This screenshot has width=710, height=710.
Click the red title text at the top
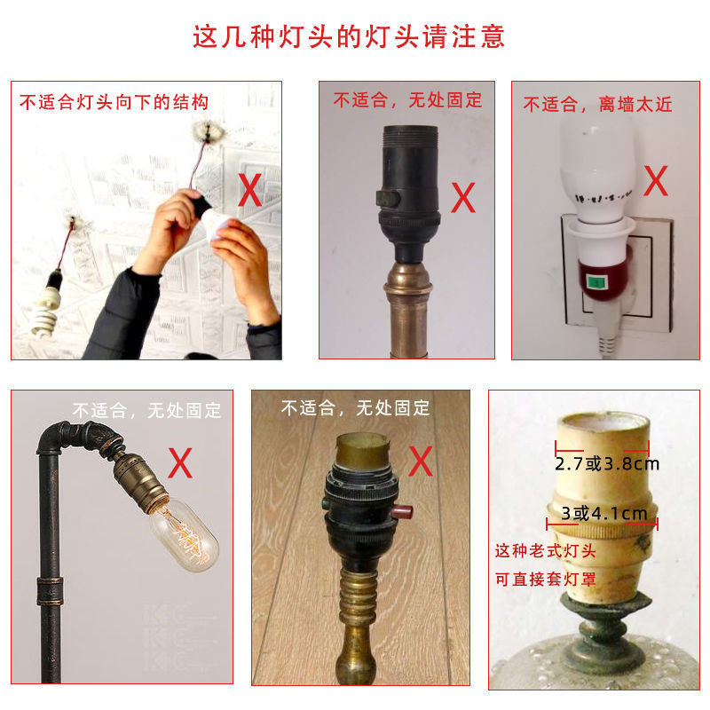click(x=349, y=36)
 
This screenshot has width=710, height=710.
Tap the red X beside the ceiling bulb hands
click(x=250, y=190)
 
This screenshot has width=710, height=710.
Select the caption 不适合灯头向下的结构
click(x=114, y=102)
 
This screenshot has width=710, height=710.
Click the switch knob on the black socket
click(x=388, y=198)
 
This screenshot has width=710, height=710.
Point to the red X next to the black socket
click(x=463, y=197)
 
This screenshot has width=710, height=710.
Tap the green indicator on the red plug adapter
click(x=596, y=282)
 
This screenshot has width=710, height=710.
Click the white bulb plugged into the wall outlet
click(x=596, y=168)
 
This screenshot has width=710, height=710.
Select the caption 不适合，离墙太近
click(x=597, y=105)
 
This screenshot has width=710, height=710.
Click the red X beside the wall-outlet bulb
click(x=656, y=180)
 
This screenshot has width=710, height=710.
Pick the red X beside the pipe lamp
click(x=180, y=462)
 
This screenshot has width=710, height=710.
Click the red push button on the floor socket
click(x=401, y=513)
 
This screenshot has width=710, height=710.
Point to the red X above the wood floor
click(x=421, y=461)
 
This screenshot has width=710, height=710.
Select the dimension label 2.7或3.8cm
click(x=607, y=464)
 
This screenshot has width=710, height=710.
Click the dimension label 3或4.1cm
click(x=604, y=514)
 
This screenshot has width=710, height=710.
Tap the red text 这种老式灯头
click(x=546, y=551)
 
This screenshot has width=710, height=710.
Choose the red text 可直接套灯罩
click(x=546, y=580)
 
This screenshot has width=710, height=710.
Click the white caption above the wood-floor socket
click(x=356, y=408)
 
